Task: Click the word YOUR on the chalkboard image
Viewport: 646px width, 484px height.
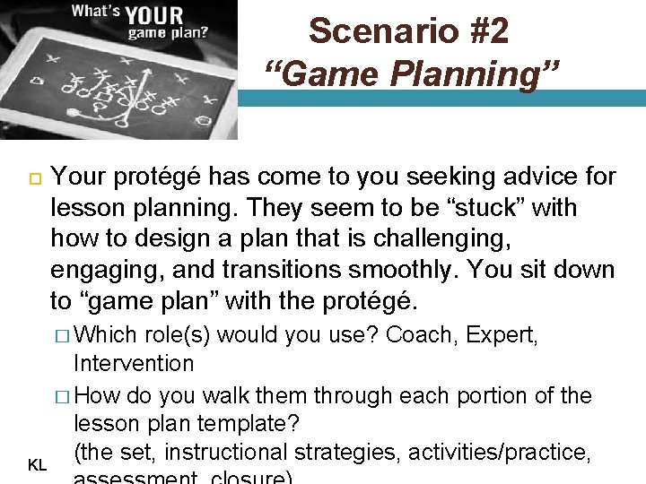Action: (x=154, y=16)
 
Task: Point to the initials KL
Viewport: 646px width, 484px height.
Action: (x=38, y=465)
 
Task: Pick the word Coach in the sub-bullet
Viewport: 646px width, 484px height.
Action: (x=420, y=335)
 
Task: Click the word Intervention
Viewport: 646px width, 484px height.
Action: (x=134, y=363)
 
